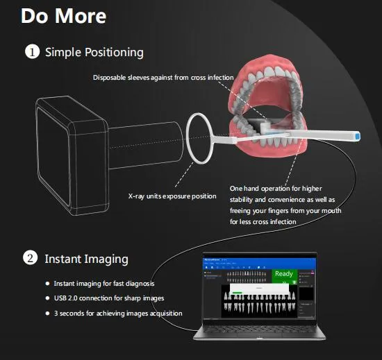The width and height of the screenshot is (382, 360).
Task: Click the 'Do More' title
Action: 63,16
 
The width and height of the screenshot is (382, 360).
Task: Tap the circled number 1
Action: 31,52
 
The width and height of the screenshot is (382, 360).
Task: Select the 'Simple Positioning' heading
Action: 94,52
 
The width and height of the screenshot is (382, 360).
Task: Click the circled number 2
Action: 31,259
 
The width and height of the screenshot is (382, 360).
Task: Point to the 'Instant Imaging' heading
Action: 86,259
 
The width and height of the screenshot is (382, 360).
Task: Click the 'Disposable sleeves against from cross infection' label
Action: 163,77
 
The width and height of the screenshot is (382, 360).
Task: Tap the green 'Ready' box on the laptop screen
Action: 284,277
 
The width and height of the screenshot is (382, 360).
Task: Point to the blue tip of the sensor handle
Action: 355,137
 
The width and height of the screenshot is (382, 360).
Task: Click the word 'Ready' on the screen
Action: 284,273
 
